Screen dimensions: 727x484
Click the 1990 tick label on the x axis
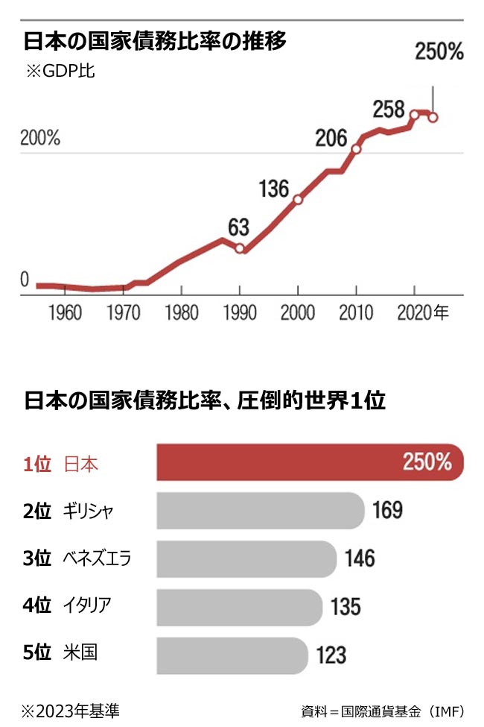[x=240, y=312]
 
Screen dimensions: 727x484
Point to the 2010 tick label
[x=356, y=312]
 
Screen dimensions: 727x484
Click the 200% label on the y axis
[x=40, y=139]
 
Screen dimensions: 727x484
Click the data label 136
[x=274, y=189]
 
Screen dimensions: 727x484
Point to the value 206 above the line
[x=331, y=138]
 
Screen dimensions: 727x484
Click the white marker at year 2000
[x=298, y=200]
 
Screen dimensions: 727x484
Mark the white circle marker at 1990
[x=240, y=248]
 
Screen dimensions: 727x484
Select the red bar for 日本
[x=310, y=463]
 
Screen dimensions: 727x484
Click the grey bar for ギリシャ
[x=261, y=510]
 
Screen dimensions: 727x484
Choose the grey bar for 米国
[x=232, y=655]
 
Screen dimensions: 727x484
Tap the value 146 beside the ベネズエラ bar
[x=360, y=558]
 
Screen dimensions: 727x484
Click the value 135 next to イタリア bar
[x=346, y=606]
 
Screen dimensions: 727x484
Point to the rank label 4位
[x=36, y=605]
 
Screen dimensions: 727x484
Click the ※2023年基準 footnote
[x=70, y=709]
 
